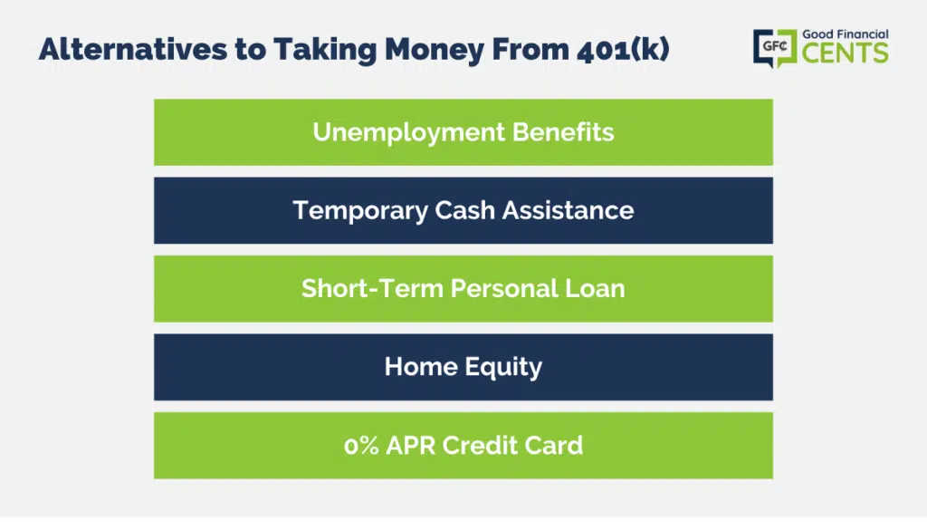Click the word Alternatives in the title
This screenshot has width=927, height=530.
pos(133,49)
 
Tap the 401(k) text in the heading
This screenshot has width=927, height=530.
pos(623,50)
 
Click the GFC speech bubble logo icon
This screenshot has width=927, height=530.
pos(775,48)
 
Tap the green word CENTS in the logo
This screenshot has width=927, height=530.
pos(846,53)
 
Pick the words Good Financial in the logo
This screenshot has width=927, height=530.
pos(846,34)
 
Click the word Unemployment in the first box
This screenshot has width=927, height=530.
pos(408,132)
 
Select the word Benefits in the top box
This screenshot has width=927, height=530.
pos(563,132)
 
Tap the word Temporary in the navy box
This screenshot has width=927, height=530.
pos(360,211)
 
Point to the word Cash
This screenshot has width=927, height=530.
pos(464,210)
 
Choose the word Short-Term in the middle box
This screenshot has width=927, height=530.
pos(372,289)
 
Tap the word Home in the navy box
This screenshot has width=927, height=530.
pos(421,367)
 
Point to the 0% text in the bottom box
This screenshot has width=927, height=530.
pos(361,446)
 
